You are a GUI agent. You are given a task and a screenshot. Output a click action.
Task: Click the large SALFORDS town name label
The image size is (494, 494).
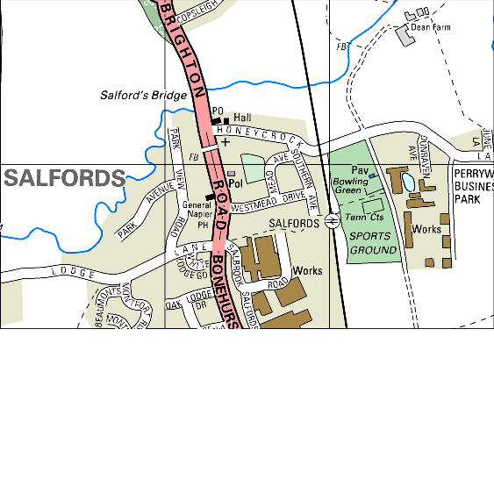[x=64, y=179]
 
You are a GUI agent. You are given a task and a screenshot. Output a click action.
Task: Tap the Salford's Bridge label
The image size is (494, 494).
[x=143, y=95]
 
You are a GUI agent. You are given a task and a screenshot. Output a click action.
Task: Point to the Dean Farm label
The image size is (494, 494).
[x=431, y=27]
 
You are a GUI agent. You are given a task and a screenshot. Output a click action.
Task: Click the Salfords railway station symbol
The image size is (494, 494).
[x=332, y=221]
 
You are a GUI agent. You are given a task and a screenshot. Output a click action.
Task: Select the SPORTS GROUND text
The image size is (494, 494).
[x=373, y=243]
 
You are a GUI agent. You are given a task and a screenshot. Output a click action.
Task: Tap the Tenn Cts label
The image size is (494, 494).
[x=364, y=217]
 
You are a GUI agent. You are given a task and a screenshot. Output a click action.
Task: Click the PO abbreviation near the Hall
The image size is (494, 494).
[x=218, y=111]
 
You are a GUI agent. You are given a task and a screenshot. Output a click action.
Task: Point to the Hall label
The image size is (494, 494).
[x=242, y=117]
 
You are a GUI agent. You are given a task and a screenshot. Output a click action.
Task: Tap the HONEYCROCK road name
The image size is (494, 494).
[x=260, y=133]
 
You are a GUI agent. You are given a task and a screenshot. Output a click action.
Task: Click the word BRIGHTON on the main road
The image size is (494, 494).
[x=185, y=51]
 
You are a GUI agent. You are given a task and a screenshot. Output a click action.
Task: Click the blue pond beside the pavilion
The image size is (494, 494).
[x=407, y=182]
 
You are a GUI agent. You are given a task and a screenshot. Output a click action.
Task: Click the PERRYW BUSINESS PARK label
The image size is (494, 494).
[x=473, y=187]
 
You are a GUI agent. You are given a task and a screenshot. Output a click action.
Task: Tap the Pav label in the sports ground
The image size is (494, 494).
[x=358, y=169]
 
